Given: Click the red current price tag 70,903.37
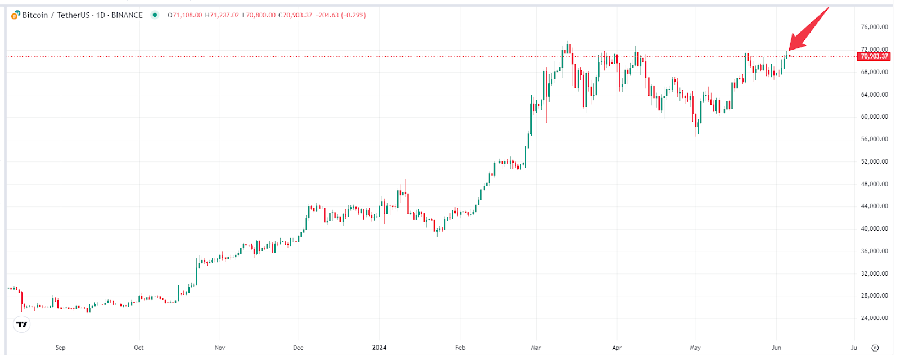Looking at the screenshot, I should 874,56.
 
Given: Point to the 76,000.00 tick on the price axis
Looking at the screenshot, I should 874,27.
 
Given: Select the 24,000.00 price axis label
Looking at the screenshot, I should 874,318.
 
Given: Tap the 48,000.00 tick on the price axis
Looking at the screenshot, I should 874,184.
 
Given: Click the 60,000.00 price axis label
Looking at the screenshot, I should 874,116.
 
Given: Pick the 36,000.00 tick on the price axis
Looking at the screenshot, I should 874,251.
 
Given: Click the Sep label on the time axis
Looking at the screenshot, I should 60,348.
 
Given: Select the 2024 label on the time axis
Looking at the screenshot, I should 379,348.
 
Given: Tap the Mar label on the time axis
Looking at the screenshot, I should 535,348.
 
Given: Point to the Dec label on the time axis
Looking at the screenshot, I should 298,348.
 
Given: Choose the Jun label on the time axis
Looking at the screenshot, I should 776,348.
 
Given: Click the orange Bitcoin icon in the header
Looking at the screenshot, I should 16,15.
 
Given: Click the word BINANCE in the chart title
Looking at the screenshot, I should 127,15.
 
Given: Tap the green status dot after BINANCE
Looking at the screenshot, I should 155,15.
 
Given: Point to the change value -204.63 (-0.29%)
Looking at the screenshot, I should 341,15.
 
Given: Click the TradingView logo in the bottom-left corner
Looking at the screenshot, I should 22,325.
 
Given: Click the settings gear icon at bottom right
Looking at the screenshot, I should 875,348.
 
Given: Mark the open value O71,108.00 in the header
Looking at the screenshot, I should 185,15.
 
